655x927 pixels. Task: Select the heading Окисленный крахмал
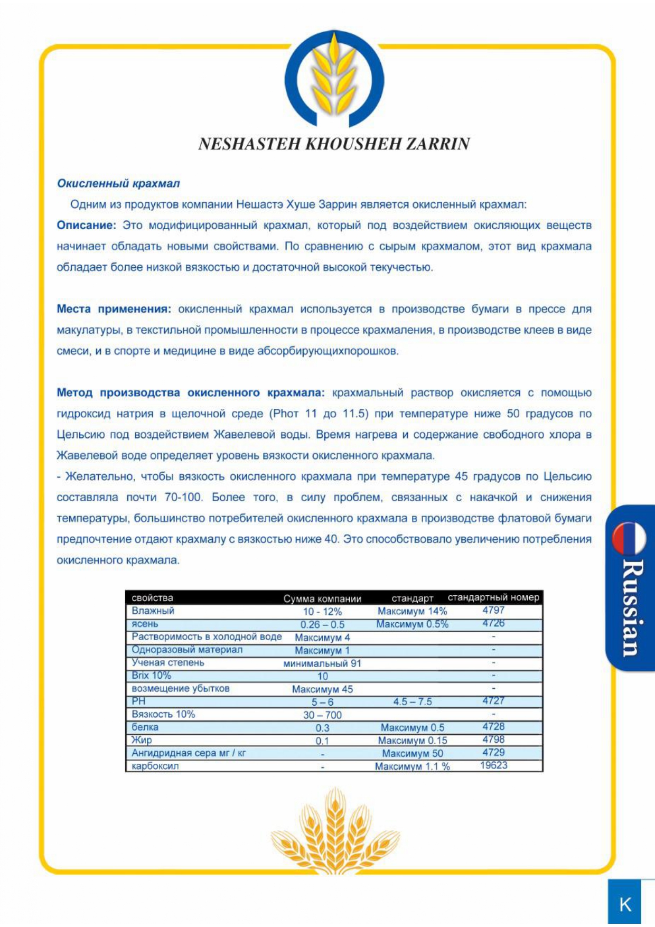point(118,183)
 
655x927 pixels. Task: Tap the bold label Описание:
point(86,225)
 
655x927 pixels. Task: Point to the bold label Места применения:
point(114,309)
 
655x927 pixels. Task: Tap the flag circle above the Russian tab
point(629,538)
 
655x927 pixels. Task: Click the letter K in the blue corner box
point(625,904)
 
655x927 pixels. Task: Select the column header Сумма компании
point(322,598)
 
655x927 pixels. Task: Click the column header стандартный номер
point(493,597)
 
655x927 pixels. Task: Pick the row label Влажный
point(153,611)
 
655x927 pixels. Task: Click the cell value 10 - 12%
point(322,611)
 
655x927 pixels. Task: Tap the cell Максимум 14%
point(412,611)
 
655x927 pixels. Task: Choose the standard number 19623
point(493,765)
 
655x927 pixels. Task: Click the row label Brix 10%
point(151,676)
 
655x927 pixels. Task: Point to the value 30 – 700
point(322,715)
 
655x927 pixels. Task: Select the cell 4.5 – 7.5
point(412,701)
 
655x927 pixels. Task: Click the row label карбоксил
point(155,766)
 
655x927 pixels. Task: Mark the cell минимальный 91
point(322,663)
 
